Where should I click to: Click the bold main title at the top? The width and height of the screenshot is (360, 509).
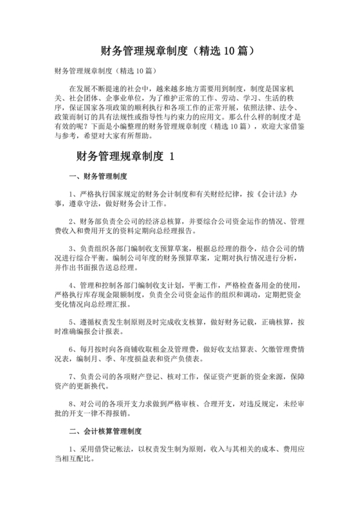tap(180, 49)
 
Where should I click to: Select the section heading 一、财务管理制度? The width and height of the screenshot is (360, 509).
tap(98, 175)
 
